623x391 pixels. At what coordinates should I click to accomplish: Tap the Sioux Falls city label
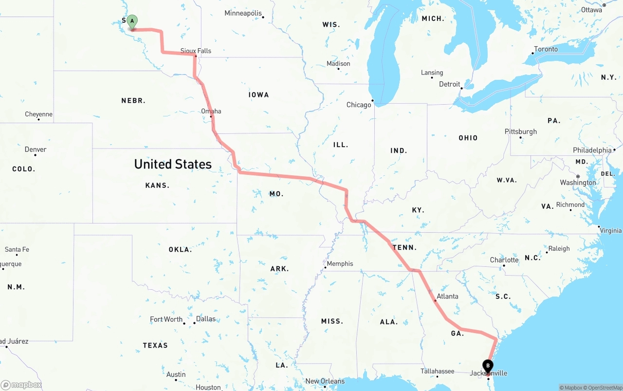tap(196, 51)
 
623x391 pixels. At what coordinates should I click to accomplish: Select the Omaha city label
tap(211, 111)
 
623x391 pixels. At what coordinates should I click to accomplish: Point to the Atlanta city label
tap(447, 296)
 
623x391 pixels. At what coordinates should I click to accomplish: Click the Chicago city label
tap(359, 105)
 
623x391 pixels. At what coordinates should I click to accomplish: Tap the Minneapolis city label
tap(243, 13)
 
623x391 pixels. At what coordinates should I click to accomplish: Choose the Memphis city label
tap(340, 263)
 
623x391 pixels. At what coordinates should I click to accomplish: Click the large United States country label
tap(173, 164)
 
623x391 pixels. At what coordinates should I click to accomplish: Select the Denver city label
tap(36, 149)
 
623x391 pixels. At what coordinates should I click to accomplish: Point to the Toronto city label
tap(546, 49)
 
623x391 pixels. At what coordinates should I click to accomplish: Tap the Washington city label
tap(578, 183)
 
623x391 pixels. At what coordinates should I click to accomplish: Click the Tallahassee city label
tap(438, 371)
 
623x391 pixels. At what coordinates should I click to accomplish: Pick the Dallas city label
tap(206, 319)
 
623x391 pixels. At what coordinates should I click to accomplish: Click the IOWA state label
tap(258, 95)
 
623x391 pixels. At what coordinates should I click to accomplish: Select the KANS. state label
tap(157, 185)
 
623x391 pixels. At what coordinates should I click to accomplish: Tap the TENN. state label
tap(404, 247)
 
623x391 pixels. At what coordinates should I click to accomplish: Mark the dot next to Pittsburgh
tap(520, 137)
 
